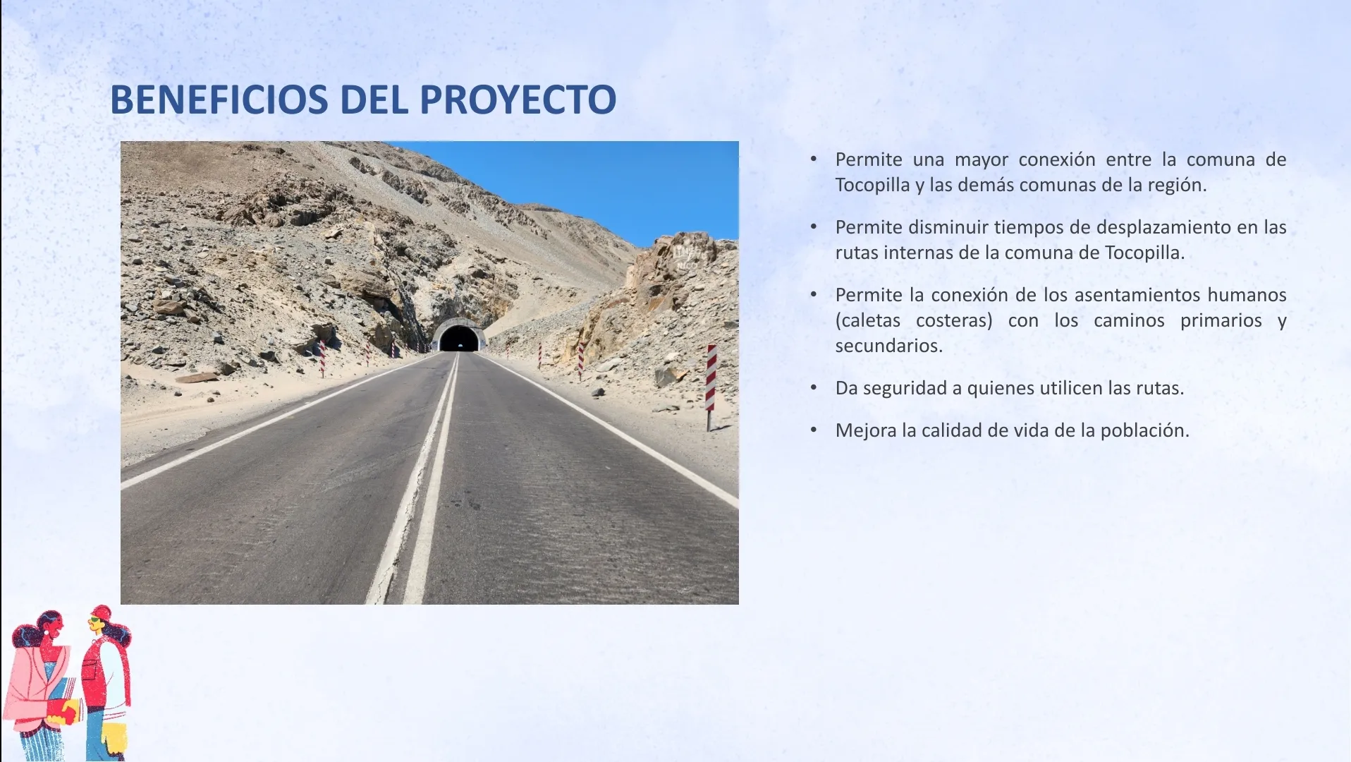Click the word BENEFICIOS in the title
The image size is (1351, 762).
pos(219,99)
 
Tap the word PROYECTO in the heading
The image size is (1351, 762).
pos(518,99)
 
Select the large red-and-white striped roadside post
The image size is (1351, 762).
pos(711,387)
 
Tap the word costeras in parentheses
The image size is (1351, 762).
pos(954,320)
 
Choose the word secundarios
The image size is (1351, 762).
pos(889,346)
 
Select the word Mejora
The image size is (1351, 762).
pos(866,430)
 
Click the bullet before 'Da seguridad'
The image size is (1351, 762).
pos(814,387)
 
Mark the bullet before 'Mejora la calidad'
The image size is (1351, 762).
pos(814,430)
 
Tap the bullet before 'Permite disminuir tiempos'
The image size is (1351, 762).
pos(814,226)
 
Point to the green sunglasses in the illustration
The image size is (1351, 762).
pos(94,620)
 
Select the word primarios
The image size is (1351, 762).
pos(1221,320)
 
